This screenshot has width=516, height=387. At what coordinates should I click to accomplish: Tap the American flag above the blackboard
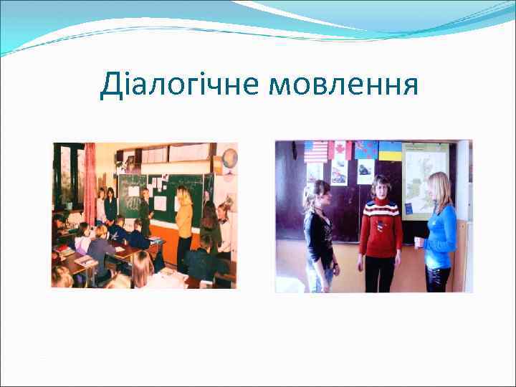coord(315,151)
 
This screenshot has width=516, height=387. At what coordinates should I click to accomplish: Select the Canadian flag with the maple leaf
coord(340,150)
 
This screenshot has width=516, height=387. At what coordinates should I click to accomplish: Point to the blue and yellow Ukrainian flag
coord(390,150)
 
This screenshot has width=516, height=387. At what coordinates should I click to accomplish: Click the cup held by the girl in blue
coord(419,242)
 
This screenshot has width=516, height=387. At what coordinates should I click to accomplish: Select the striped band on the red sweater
coord(380,212)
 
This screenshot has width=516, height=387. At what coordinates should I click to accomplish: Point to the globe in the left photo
coord(229,158)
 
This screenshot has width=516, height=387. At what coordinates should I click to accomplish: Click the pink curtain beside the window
coord(90,179)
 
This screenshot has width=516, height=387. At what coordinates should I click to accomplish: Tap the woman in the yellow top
coord(184,219)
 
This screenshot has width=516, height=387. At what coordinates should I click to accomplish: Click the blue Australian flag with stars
coord(365,150)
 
